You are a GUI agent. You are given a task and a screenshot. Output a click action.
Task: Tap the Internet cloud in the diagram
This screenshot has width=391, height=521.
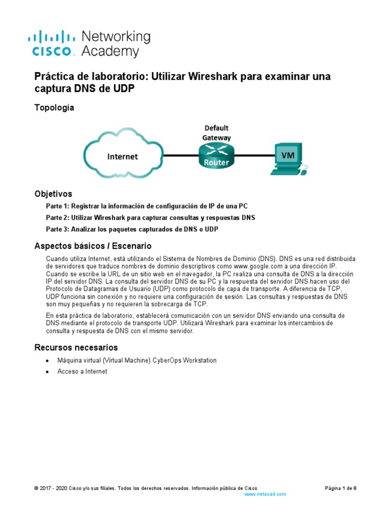click(x=122, y=156)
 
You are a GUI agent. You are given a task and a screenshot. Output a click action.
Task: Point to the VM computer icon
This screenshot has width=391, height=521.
click(x=289, y=158)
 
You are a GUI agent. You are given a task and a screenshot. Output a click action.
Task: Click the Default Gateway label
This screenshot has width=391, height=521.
click(x=217, y=132)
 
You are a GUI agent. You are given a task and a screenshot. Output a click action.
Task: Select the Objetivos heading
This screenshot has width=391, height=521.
click(x=53, y=194)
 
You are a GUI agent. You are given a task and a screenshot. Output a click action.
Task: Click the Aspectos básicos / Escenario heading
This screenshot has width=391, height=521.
click(x=93, y=246)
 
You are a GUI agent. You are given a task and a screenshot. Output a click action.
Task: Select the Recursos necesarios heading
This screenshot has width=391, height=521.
click(x=76, y=348)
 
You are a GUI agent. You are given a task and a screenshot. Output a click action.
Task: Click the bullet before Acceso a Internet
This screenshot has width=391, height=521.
click(x=47, y=372)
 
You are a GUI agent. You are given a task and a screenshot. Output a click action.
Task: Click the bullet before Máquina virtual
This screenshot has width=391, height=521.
click(x=47, y=361)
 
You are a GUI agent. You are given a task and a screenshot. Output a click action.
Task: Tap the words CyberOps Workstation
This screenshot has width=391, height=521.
click(x=185, y=360)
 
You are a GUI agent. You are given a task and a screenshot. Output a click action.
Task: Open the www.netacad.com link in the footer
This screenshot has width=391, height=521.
click(x=265, y=494)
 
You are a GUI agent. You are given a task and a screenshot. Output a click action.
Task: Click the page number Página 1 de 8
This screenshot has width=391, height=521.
click(x=341, y=488)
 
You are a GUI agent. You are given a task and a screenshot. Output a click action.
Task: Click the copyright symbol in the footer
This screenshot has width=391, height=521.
click(x=36, y=488)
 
